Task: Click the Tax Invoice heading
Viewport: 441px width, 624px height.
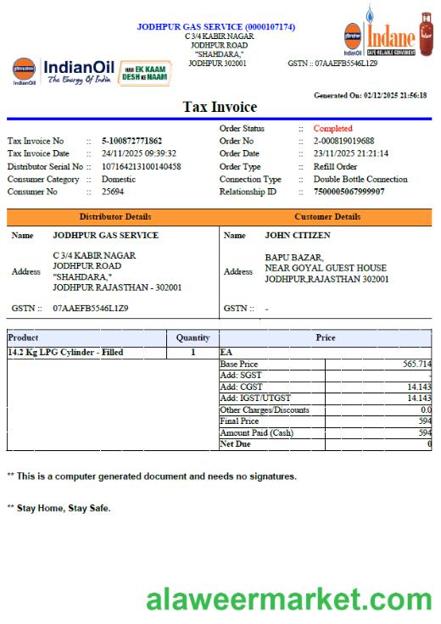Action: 220,108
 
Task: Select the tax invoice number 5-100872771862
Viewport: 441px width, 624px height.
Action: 131,141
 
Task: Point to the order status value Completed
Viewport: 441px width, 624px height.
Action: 332,129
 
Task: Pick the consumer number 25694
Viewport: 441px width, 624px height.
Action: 114,192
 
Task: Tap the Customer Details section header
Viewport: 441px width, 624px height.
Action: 327,217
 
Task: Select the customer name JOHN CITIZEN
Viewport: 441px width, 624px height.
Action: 298,236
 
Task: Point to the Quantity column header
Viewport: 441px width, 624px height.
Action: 193,337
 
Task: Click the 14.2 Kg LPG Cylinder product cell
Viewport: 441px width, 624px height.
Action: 65,352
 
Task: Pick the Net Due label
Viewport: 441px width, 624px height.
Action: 235,444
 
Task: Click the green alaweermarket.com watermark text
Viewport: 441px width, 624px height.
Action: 288,600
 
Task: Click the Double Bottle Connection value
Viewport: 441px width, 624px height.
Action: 360,179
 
